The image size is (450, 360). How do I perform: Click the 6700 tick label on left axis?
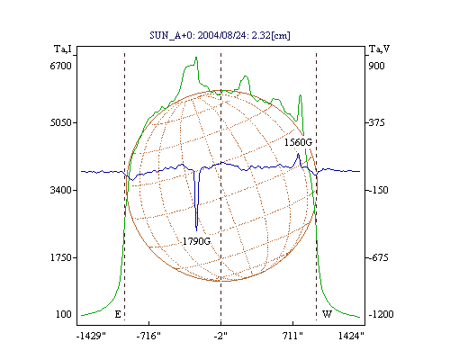(x=60, y=66)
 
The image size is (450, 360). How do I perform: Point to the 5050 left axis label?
(x=60, y=122)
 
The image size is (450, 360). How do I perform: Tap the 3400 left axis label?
(x=60, y=190)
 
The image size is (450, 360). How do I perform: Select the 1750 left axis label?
(x=60, y=257)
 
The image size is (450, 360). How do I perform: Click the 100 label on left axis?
(x=64, y=314)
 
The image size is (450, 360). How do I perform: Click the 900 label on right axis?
(x=376, y=66)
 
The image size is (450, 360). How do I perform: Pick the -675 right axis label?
(x=378, y=257)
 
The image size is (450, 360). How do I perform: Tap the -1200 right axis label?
(x=381, y=314)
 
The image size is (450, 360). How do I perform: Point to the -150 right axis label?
(x=378, y=190)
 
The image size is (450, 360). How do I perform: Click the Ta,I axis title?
(x=63, y=49)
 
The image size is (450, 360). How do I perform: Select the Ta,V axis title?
(x=379, y=49)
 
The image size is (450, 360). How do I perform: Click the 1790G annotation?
(x=196, y=241)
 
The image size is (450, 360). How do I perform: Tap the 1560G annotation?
(x=298, y=142)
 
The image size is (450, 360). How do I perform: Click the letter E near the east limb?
(x=118, y=314)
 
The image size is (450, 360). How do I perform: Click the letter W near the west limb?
(x=327, y=314)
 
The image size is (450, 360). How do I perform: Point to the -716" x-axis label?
(x=148, y=336)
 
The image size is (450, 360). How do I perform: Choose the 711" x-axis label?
(x=292, y=336)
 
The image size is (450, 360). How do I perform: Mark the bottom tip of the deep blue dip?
(x=196, y=230)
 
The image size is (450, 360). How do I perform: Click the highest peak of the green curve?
(x=196, y=57)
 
